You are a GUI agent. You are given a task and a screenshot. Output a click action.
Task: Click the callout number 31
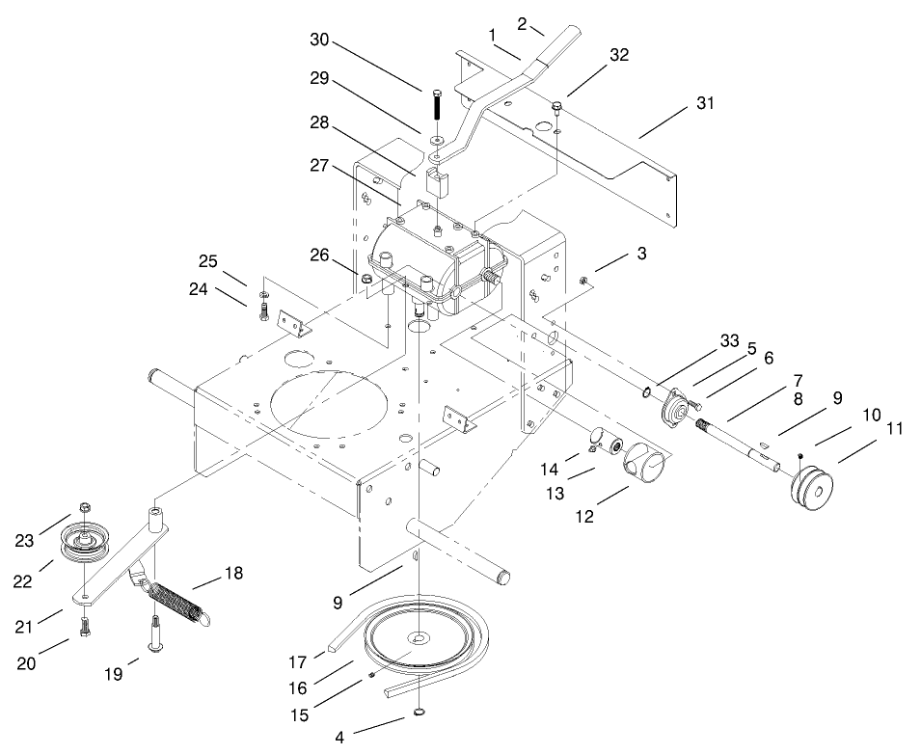pos(705,103)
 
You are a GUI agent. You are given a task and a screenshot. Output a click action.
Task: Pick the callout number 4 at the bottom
pos(339,739)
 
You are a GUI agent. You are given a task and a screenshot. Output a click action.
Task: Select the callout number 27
pos(321,165)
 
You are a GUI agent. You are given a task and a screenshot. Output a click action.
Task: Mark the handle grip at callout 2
pos(558,44)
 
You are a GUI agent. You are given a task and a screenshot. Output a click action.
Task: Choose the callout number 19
pos(114,675)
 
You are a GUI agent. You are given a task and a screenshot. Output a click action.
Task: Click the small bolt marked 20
pos(86,625)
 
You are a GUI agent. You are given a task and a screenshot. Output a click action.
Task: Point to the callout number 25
pos(208,261)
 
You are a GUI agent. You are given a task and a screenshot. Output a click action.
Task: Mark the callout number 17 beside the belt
pos(298,662)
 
